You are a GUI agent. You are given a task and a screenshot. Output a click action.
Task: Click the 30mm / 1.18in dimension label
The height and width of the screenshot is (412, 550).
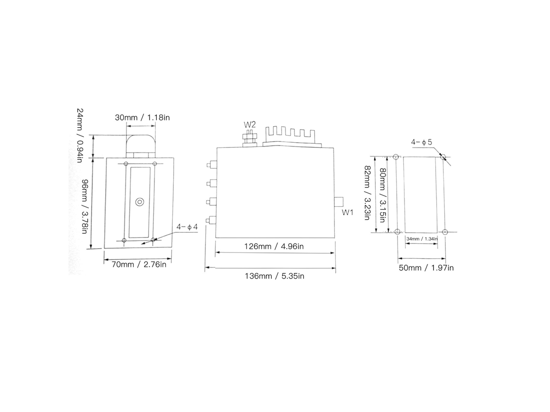click(x=142, y=118)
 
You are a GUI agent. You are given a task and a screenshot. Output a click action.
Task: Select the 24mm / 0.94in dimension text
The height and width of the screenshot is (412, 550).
click(x=80, y=135)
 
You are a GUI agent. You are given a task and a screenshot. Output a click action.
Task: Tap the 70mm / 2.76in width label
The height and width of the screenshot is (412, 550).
click(x=139, y=264)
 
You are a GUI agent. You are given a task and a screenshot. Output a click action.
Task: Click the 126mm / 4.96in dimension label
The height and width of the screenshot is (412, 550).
click(x=274, y=246)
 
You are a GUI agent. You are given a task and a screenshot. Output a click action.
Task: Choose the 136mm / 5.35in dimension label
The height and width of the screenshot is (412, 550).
click(x=275, y=276)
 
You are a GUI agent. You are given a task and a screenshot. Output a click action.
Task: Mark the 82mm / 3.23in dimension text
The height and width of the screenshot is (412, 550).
click(x=367, y=193)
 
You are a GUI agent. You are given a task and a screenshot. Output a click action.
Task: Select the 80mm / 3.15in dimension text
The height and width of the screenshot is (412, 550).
click(x=383, y=196)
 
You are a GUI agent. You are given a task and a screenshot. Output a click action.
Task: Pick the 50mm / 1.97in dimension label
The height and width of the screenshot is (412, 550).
click(x=426, y=268)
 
